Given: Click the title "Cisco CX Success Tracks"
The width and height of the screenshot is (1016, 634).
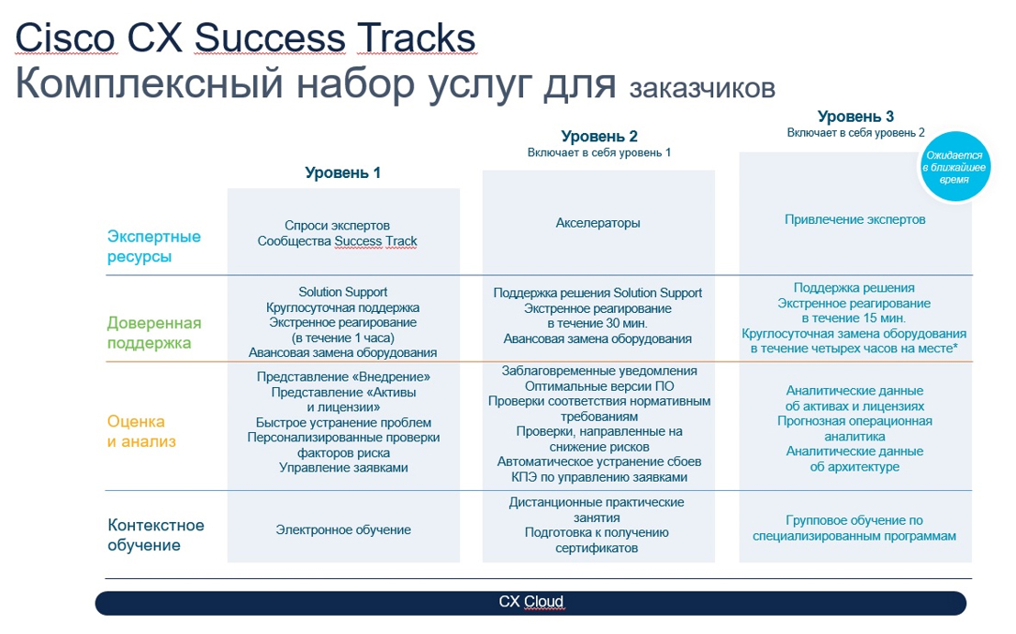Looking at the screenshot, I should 246,39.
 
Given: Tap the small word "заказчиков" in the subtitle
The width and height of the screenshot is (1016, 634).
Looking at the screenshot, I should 702,88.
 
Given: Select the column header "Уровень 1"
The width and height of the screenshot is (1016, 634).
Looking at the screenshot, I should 342,172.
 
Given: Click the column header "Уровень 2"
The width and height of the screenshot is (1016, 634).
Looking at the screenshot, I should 598,137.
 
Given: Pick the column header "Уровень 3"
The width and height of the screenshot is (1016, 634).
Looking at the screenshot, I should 855,117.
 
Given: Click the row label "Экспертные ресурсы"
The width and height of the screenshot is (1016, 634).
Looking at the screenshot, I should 153,247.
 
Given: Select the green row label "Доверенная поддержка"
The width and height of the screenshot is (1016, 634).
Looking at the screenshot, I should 153,333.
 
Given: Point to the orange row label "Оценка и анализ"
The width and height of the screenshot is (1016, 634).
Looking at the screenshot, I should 141,431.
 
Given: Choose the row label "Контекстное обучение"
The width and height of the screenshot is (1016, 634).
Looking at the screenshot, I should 156,535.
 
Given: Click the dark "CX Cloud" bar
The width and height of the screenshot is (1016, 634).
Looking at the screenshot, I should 530,602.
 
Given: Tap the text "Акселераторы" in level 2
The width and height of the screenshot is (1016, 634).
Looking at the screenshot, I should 598,223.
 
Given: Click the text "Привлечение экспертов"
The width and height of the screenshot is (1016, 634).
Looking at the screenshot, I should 854,219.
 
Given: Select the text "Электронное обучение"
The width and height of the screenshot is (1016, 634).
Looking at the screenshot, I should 343,529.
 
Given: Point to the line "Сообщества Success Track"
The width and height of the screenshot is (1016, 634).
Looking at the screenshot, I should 337,241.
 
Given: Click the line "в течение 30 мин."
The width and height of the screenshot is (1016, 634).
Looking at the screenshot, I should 597,323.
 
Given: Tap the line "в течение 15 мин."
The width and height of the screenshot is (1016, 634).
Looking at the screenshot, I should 854,318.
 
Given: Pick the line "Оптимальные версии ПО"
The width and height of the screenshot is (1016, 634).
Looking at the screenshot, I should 599,386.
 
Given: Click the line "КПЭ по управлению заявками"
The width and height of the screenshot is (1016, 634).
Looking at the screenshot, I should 598,477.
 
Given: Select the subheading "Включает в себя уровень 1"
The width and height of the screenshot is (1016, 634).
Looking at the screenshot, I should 598,152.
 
